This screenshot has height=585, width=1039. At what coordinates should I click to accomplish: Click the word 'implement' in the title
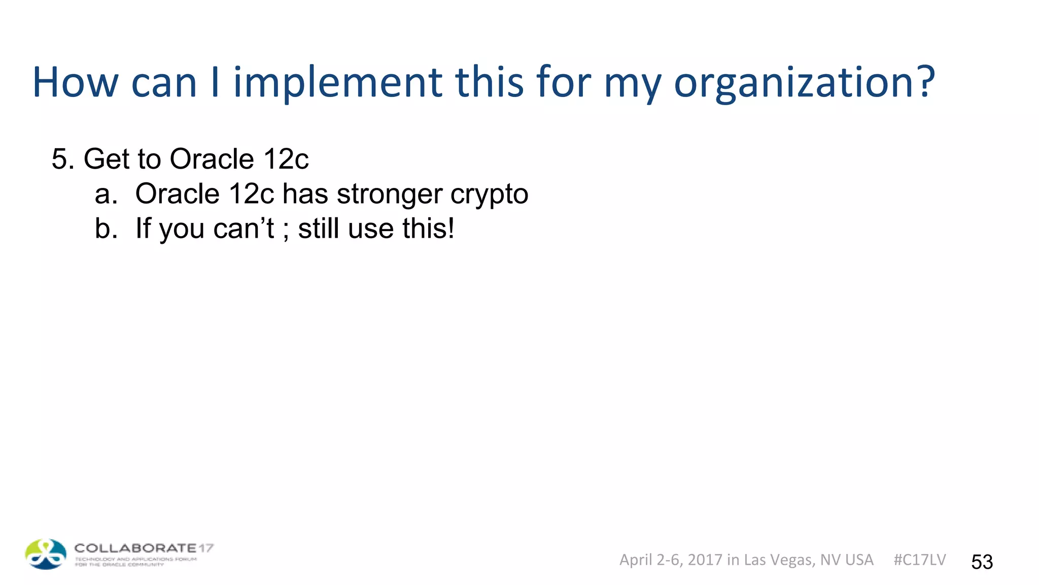point(337,82)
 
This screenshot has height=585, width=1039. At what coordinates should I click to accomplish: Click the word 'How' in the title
point(76,82)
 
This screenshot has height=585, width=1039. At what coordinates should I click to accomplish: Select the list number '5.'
point(63,159)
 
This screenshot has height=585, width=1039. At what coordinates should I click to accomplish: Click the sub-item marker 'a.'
point(106,194)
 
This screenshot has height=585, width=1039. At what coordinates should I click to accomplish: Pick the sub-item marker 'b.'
point(106,229)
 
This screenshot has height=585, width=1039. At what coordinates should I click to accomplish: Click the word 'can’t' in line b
point(244,229)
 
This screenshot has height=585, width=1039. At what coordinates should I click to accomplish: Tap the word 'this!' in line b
point(428,229)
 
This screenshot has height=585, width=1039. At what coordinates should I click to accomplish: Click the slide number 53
point(982,562)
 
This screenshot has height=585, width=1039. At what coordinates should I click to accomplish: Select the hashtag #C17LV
point(919,560)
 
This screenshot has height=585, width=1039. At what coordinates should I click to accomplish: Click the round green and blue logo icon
point(46,554)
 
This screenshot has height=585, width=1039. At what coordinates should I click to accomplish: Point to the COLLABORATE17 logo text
point(144,548)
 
